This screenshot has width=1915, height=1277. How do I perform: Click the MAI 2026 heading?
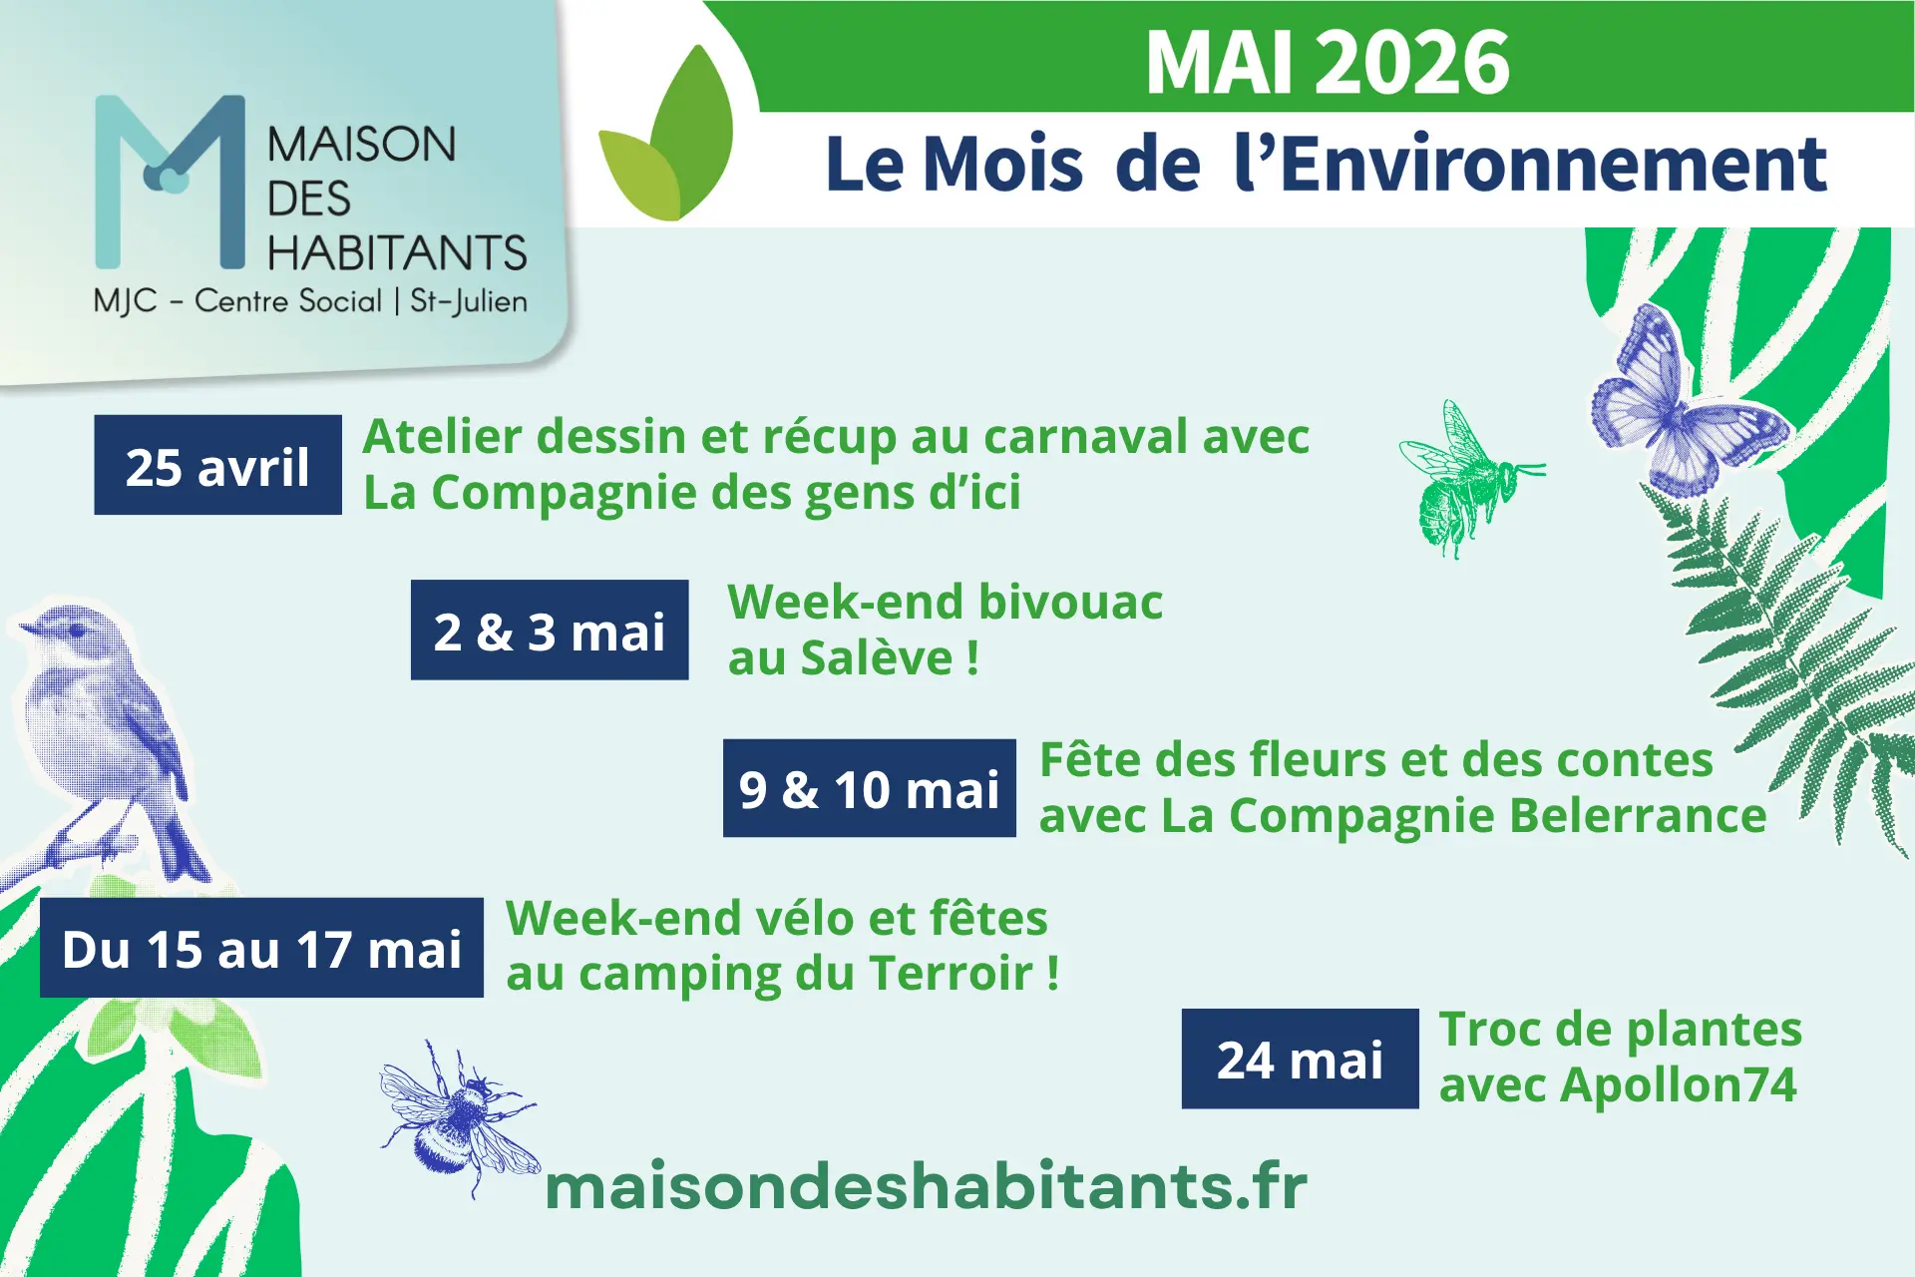click(x=1327, y=62)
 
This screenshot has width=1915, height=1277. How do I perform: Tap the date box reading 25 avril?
click(x=217, y=466)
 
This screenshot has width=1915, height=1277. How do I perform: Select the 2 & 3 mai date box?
click(x=549, y=631)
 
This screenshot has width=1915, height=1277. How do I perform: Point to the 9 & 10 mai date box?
click(x=869, y=788)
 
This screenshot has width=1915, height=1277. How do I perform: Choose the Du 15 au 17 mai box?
click(x=261, y=948)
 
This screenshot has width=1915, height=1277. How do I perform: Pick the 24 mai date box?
click(x=1300, y=1059)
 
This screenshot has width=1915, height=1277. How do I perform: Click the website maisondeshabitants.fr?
click(x=926, y=1186)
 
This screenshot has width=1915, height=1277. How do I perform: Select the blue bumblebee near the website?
click(x=459, y=1117)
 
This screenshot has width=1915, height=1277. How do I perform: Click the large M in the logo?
click(x=170, y=180)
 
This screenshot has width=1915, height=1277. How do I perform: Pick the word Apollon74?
click(x=1678, y=1085)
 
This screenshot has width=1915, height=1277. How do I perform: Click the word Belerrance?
click(x=1637, y=816)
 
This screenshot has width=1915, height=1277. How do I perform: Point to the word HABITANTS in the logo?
click(x=396, y=252)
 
